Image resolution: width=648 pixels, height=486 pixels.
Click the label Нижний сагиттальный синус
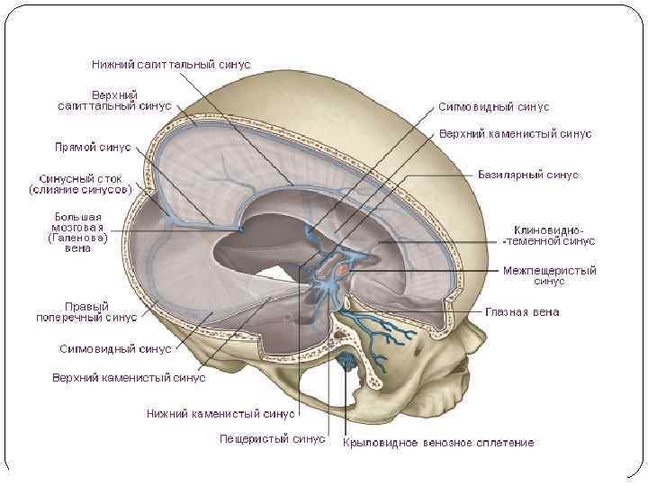171,65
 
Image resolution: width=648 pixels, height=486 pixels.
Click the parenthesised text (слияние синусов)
80,190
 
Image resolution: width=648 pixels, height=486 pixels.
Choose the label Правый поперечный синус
100,311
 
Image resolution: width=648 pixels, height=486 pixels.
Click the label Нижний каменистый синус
220,414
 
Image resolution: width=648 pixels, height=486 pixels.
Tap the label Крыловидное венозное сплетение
438,443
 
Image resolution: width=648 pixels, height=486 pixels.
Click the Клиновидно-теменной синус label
548,235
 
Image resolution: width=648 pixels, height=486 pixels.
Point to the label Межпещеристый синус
549,275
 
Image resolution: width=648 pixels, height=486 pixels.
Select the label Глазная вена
522,312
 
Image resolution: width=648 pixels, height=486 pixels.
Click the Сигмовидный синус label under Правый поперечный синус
116,348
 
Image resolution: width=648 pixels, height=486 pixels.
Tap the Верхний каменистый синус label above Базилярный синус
515,134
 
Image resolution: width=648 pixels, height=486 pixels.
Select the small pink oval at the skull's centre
343,268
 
